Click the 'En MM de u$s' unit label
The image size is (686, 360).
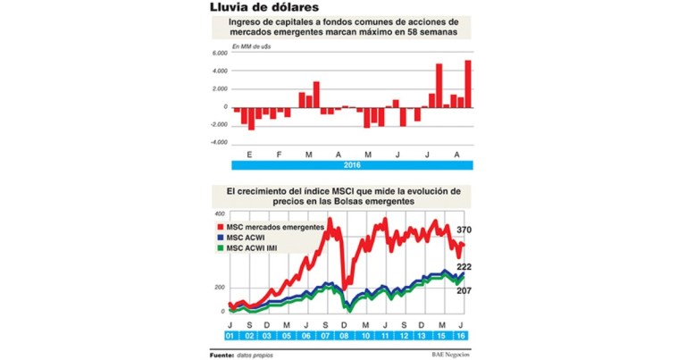click(254, 44)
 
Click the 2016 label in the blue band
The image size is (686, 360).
click(352, 165)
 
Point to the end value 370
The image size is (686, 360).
click(463, 231)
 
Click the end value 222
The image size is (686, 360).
click(463, 267)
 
